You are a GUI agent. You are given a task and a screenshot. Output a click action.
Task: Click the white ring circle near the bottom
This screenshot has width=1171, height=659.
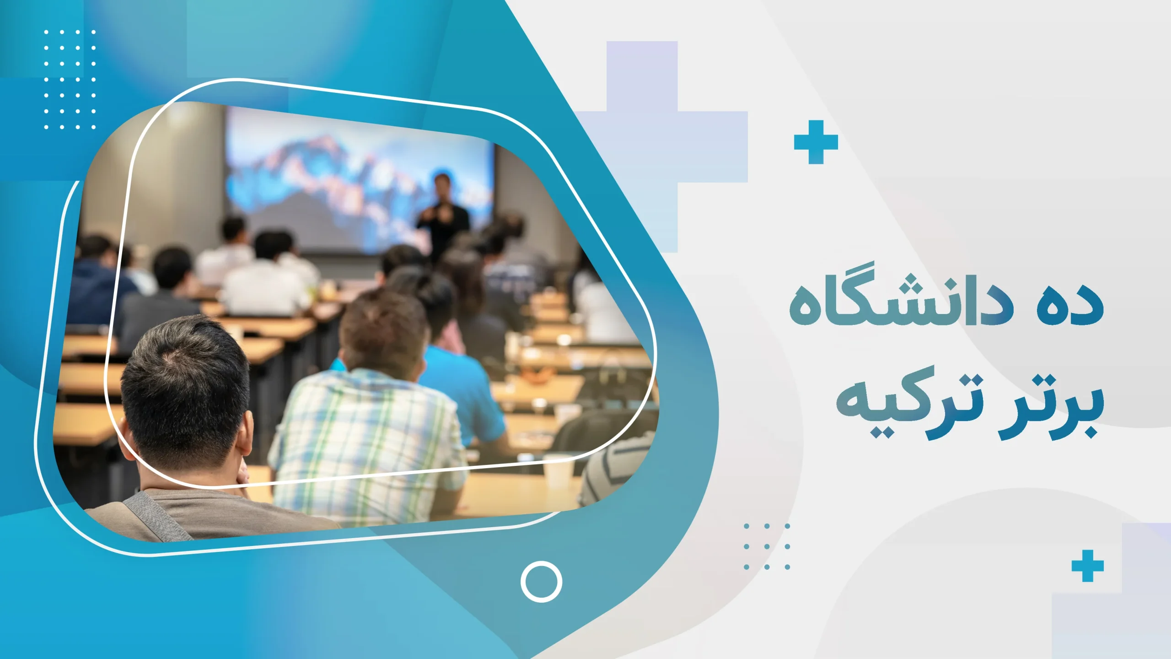point(541,581)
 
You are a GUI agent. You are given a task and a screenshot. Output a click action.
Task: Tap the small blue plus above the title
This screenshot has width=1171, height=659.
point(816,142)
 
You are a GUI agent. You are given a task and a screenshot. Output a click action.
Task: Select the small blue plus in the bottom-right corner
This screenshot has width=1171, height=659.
point(1087,566)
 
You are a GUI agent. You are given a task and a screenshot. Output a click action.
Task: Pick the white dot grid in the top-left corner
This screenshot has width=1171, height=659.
point(70,79)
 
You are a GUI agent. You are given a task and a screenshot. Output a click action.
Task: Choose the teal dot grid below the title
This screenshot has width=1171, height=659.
point(767,546)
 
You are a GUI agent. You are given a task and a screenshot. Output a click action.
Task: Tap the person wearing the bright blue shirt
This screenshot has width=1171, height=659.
point(462,389)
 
